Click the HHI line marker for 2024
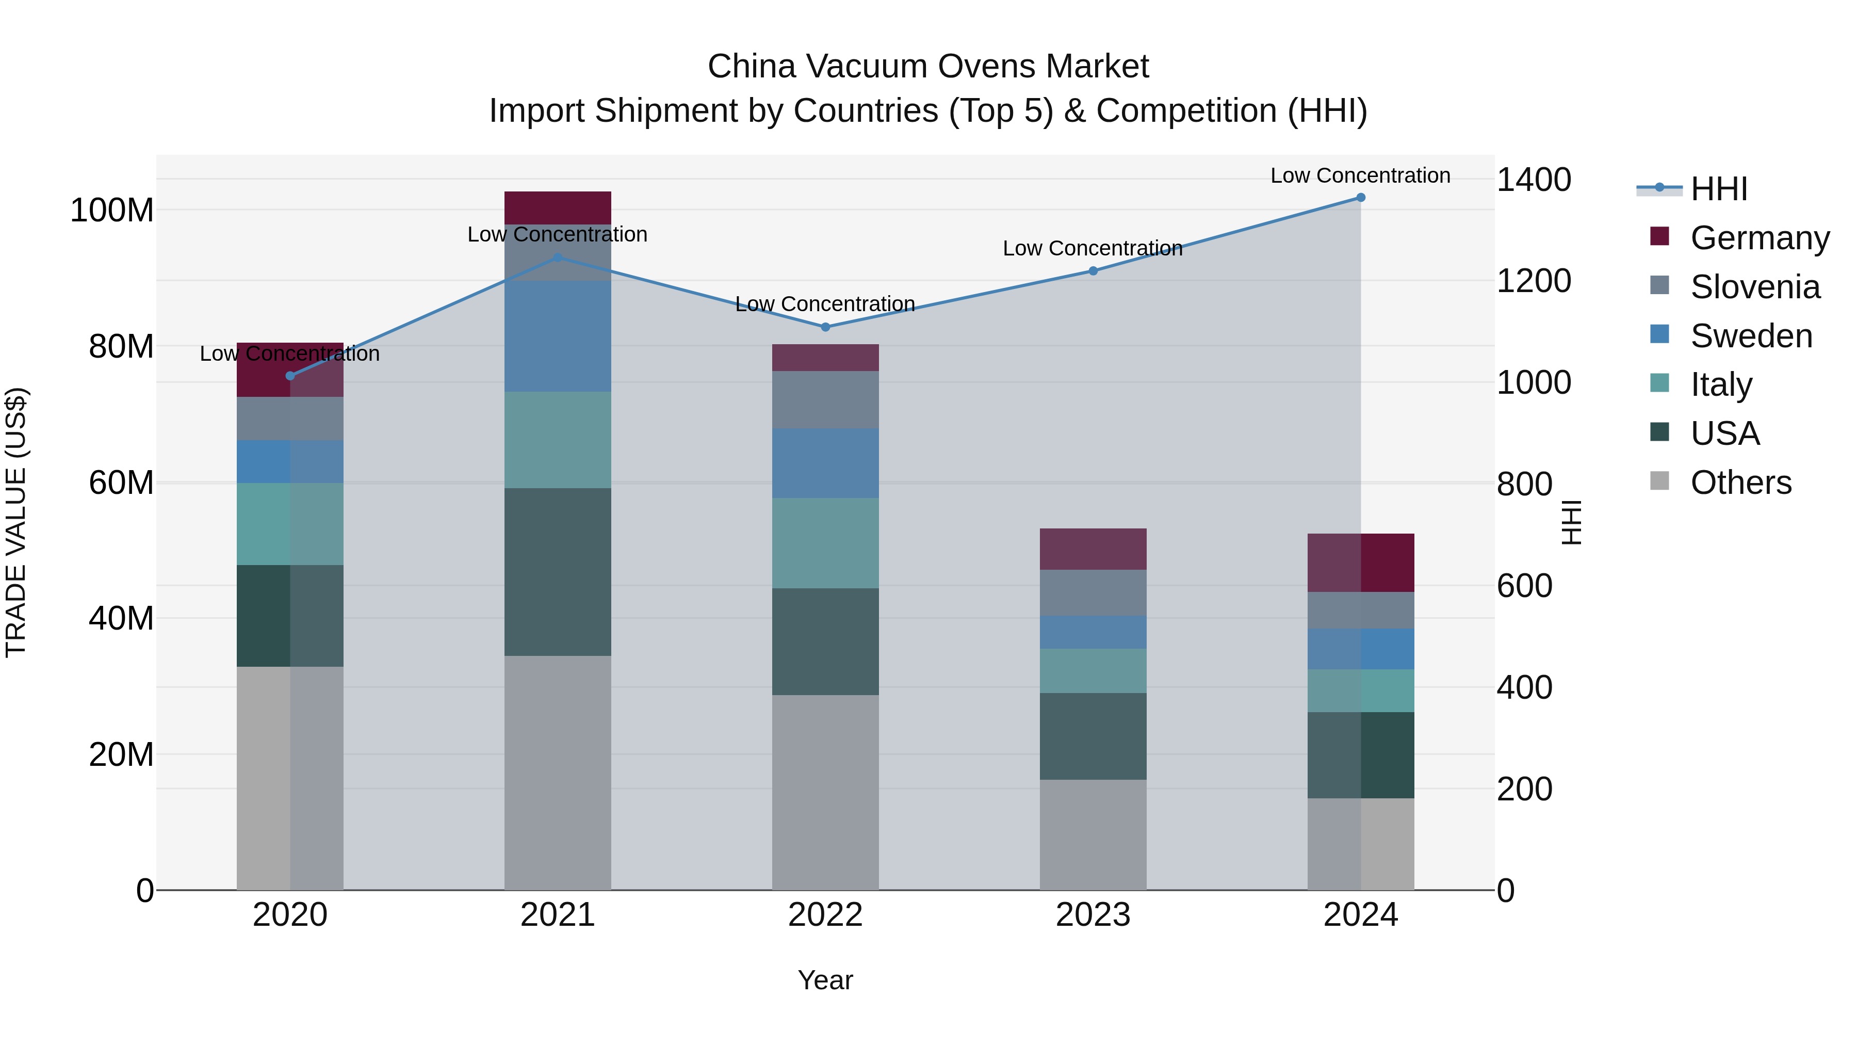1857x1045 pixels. pos(1360,198)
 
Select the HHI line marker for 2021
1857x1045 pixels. pos(557,258)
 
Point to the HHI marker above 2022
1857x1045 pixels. pos(825,327)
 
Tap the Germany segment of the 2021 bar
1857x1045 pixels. pos(557,207)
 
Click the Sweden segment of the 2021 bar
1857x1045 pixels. pos(557,336)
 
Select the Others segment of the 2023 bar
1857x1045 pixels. pos(1093,834)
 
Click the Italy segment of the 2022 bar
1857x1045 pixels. pos(825,542)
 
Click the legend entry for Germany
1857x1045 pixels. pos(1759,238)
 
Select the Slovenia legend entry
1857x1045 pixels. pos(1755,287)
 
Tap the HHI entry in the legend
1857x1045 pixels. pos(1719,189)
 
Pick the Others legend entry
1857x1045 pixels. pos(1740,483)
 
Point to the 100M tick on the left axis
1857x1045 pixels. pos(112,211)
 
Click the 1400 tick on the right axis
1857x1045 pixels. pos(1534,180)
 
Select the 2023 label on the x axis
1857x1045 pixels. pos(1093,915)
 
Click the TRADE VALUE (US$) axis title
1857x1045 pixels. pos(16,522)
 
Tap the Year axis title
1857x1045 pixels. pos(825,980)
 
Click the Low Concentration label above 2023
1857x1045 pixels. pos(1093,248)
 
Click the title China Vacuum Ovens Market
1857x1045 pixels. pos(928,67)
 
